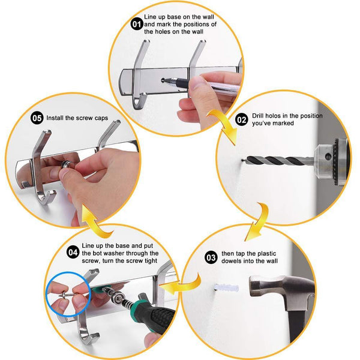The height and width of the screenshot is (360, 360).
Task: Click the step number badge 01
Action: [137, 24]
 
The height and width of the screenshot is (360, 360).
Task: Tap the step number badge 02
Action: [242, 119]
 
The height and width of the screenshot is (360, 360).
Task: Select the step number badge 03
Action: [211, 257]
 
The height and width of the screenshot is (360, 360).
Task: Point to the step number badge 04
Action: [73, 253]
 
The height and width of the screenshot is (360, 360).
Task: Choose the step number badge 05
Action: [37, 118]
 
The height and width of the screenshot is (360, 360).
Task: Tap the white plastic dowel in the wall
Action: [227, 287]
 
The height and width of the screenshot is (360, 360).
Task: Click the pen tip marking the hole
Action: [164, 80]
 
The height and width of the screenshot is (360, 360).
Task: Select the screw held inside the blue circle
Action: [67, 294]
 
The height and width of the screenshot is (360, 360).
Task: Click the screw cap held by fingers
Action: [67, 164]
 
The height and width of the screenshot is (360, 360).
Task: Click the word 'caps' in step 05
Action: [101, 118]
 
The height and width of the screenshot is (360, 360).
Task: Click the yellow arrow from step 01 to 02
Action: [224, 125]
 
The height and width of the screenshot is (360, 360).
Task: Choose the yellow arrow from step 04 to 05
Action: [95, 221]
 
